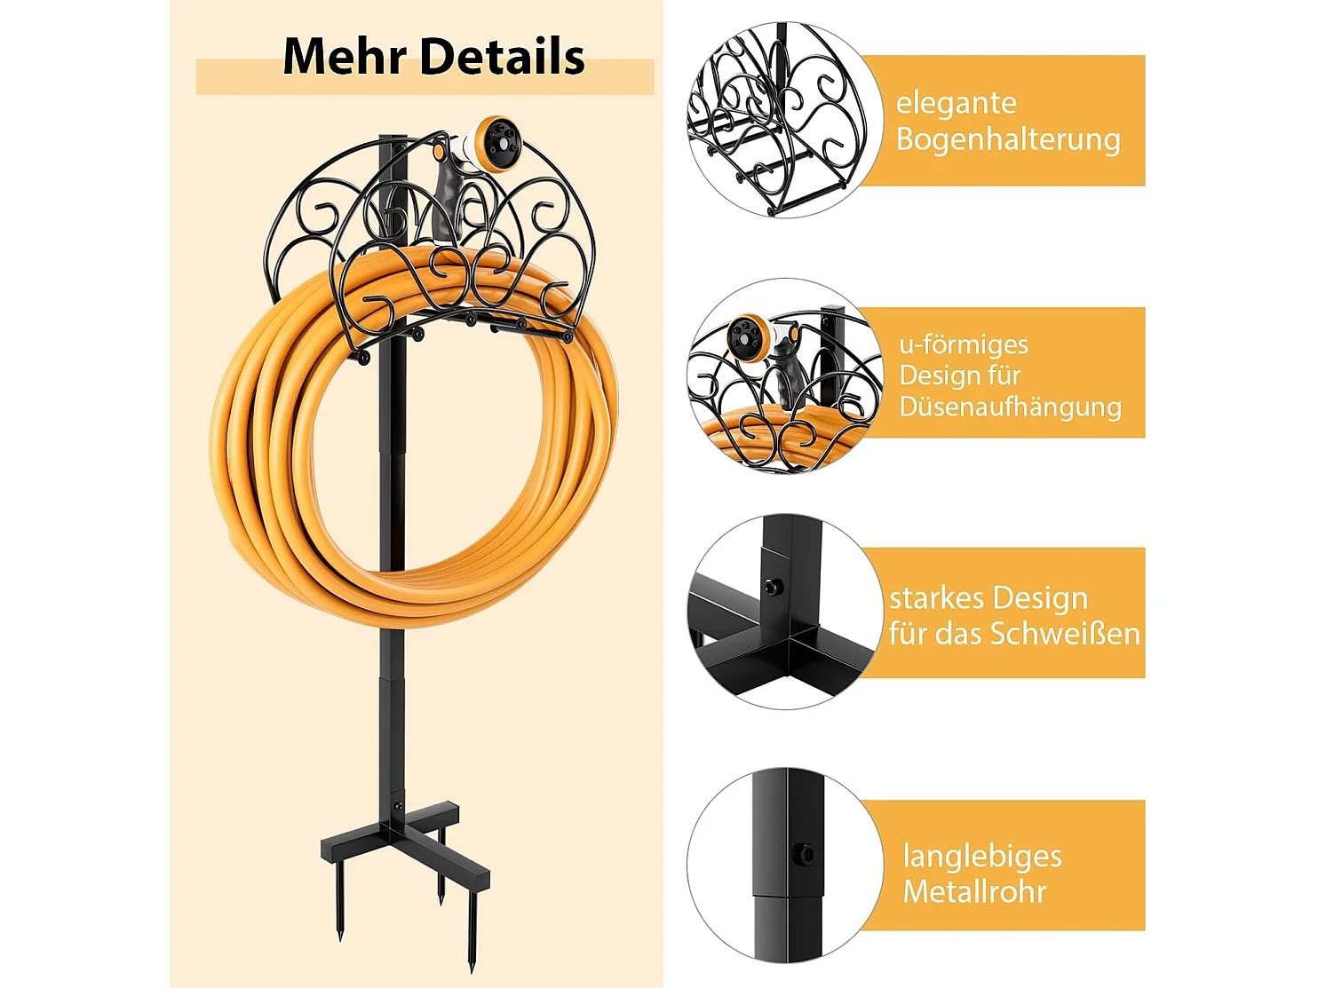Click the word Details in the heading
(x=502, y=57)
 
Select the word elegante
(x=956, y=103)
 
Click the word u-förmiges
(x=964, y=344)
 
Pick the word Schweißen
(x=1065, y=634)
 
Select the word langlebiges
(x=982, y=856)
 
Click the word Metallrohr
(x=974, y=891)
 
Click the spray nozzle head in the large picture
(x=496, y=145)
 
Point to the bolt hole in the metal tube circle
(x=803, y=853)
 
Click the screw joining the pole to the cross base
(x=396, y=807)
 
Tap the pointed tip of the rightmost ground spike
(x=472, y=971)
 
